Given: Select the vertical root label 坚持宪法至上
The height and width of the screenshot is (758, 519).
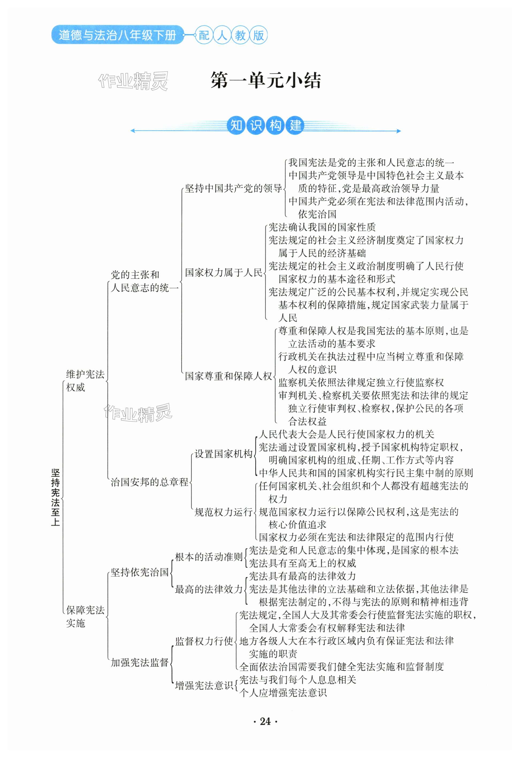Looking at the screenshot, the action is [55, 497].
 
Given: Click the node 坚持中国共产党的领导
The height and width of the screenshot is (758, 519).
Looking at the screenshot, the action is [233, 188].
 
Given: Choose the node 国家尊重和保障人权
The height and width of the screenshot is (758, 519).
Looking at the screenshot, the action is [228, 376].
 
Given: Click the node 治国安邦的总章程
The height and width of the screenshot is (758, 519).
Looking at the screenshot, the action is [149, 482].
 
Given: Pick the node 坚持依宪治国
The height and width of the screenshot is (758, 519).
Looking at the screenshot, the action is [139, 572].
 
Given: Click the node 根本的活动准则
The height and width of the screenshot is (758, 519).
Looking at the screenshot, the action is [209, 557].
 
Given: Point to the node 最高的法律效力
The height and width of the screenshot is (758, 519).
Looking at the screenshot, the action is [209, 589].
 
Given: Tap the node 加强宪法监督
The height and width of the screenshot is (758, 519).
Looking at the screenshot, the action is [139, 662].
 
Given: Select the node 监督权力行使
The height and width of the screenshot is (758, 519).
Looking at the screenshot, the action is [204, 641].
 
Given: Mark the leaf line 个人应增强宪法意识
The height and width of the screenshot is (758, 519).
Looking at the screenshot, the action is [283, 692].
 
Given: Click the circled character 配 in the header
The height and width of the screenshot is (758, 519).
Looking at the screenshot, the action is [204, 35].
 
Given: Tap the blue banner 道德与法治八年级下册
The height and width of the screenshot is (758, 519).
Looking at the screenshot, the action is [117, 35].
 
